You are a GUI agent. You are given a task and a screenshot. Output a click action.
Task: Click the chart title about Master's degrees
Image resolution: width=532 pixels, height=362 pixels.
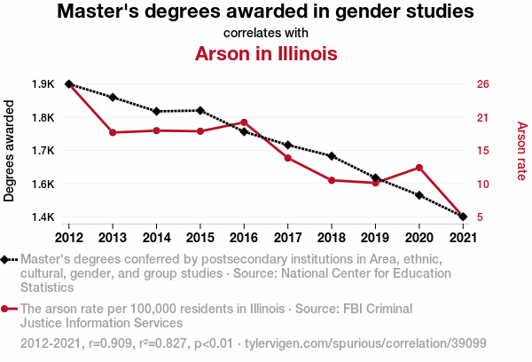(x=265, y=12)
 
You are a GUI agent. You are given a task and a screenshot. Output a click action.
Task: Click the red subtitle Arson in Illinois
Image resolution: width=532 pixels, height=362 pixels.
(x=265, y=53)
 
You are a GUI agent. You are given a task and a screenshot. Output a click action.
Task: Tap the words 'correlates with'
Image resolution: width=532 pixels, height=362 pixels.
(x=265, y=33)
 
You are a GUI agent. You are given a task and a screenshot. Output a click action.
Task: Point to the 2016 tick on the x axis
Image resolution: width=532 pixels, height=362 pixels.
(x=244, y=237)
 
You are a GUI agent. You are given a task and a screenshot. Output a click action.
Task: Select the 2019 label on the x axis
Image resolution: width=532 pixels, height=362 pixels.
(x=375, y=237)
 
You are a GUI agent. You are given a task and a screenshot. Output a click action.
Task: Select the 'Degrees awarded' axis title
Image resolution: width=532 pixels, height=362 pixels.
(x=10, y=151)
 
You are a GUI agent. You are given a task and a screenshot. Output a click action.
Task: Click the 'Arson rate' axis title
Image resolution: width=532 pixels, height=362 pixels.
(x=521, y=151)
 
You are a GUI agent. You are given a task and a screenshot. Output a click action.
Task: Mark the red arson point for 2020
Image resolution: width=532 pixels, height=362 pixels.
(x=419, y=167)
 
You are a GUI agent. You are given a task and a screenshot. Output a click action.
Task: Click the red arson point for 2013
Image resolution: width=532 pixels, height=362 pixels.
(x=113, y=132)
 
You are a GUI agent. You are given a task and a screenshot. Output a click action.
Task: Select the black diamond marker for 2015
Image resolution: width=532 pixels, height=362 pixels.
(x=200, y=110)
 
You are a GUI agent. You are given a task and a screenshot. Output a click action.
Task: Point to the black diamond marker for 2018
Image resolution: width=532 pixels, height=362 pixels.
(x=332, y=156)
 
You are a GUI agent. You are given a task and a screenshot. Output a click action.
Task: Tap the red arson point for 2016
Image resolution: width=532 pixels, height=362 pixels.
(x=244, y=122)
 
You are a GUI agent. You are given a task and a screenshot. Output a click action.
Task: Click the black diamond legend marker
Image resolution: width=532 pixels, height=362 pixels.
(x=7, y=259)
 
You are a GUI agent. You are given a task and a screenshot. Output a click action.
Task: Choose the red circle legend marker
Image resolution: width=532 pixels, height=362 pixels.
(x=7, y=309)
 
